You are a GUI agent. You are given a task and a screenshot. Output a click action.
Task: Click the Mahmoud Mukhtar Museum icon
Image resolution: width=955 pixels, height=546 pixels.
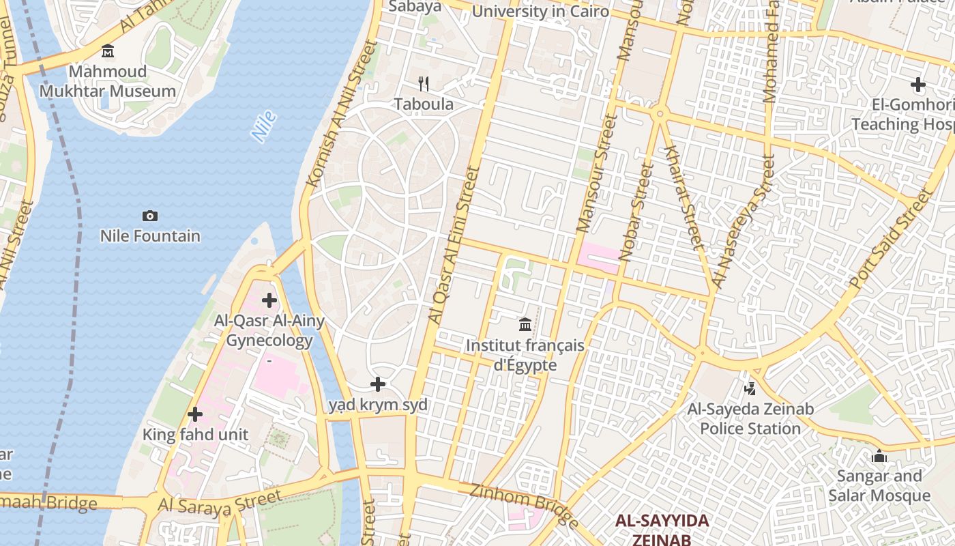click(x=108, y=51)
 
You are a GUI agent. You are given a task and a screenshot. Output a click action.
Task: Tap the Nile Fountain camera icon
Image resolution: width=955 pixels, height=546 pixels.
click(x=150, y=216)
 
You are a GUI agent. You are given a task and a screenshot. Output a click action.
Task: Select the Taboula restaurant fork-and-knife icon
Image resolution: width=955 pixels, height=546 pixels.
click(x=424, y=84)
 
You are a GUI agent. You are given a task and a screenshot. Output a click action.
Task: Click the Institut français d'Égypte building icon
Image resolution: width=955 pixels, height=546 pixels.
click(x=525, y=324)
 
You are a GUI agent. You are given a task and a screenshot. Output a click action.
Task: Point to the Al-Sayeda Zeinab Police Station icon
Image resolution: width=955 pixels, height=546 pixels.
click(x=750, y=389)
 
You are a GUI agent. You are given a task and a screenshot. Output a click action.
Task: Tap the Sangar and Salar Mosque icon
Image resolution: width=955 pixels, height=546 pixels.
click(x=879, y=455)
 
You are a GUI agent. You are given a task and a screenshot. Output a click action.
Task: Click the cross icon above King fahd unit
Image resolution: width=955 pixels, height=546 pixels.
click(x=195, y=414)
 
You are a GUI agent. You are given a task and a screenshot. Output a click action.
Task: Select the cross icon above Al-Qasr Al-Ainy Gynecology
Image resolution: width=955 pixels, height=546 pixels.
click(x=269, y=300)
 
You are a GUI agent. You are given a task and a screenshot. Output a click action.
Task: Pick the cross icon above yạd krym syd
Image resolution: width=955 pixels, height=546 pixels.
click(x=378, y=384)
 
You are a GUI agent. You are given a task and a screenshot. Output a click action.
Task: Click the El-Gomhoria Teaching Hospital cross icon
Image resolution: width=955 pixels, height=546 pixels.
click(x=918, y=85)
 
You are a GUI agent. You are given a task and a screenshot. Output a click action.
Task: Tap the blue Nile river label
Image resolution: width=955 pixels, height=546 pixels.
click(x=264, y=126)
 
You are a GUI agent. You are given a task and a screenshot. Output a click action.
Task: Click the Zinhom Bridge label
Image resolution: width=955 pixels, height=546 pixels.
click(x=524, y=505)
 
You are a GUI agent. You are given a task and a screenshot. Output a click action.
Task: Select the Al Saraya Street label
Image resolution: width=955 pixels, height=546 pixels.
click(x=220, y=502)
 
